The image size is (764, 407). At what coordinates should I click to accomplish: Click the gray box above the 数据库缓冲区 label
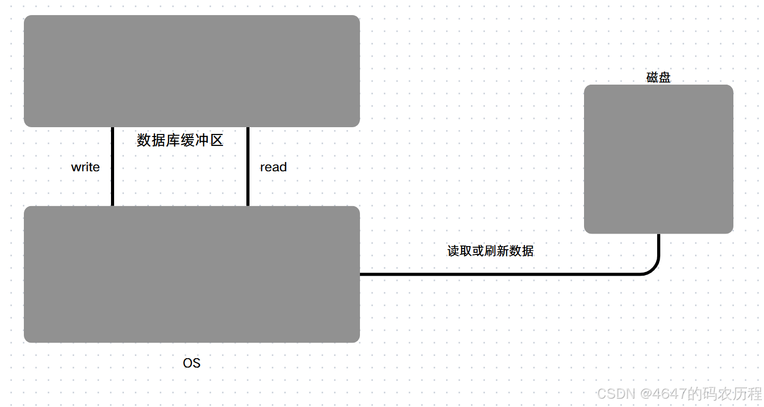click(x=192, y=71)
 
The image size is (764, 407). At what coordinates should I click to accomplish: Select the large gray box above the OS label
click(x=192, y=274)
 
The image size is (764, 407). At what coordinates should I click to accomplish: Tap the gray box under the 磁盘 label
click(x=658, y=159)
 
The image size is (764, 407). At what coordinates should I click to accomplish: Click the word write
click(x=86, y=167)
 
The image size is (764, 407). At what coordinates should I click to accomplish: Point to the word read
click(x=273, y=167)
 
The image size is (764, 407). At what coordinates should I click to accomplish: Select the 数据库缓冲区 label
click(x=180, y=140)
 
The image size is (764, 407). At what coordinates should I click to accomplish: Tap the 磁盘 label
click(x=658, y=78)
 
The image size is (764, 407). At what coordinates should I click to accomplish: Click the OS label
click(x=191, y=363)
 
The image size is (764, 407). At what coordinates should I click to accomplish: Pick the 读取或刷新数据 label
click(x=490, y=251)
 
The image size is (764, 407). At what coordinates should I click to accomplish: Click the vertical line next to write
click(x=112, y=166)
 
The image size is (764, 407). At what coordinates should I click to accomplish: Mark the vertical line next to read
click(x=248, y=166)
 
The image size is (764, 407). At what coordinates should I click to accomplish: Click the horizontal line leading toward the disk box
click(x=498, y=274)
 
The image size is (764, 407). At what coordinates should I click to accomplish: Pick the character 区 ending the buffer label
click(x=217, y=140)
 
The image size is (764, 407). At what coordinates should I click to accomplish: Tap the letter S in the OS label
click(x=196, y=363)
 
